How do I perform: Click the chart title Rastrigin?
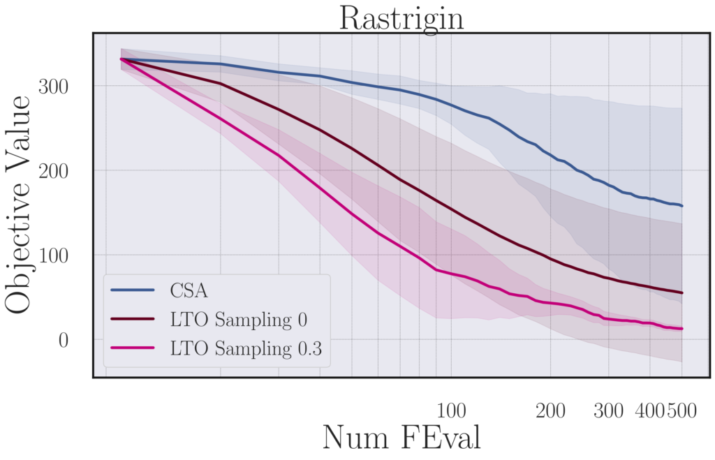(x=401, y=18)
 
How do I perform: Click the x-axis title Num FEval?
(x=401, y=438)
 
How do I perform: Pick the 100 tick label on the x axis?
(x=451, y=411)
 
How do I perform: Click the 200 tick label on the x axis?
(x=550, y=411)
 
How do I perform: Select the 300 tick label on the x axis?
(x=608, y=411)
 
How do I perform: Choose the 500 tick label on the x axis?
(x=681, y=411)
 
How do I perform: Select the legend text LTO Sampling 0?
(x=239, y=320)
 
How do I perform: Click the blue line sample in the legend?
(x=133, y=289)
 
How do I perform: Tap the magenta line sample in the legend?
(x=133, y=351)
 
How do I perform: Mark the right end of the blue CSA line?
(x=681, y=206)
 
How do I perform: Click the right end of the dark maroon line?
(x=681, y=292)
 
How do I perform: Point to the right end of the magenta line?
(x=681, y=329)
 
